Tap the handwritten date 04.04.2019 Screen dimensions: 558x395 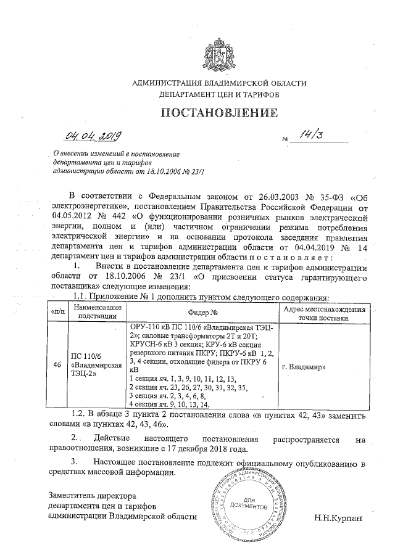[x=94, y=136]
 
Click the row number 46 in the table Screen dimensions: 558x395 [x=57, y=365]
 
